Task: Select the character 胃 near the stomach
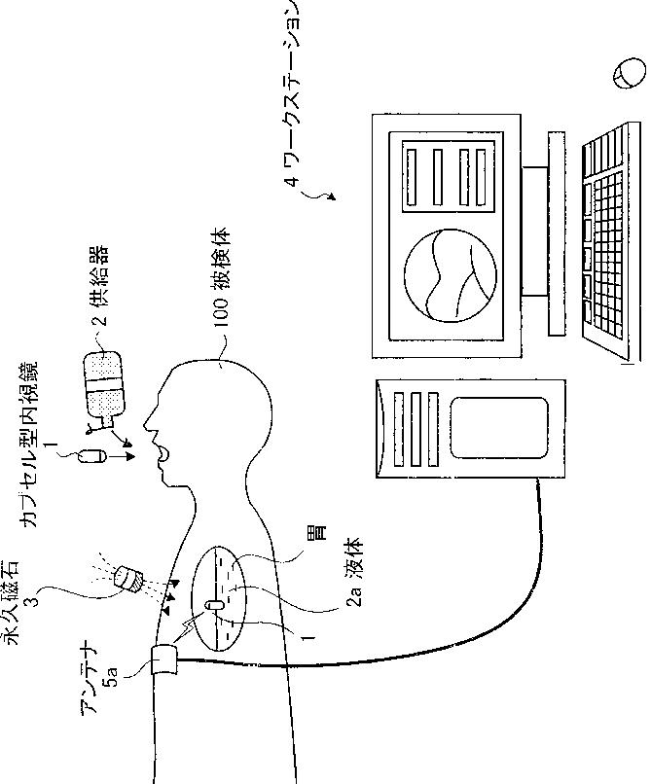(x=319, y=533)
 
